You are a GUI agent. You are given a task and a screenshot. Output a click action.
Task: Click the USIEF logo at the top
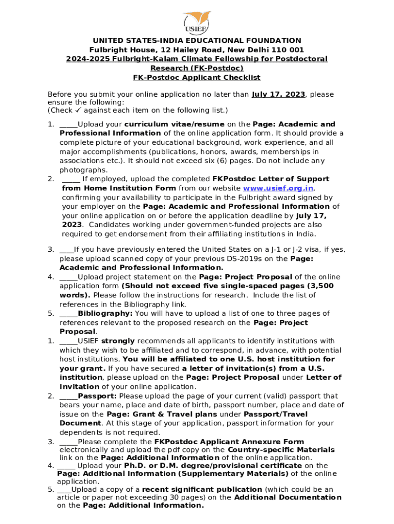tap(196, 21)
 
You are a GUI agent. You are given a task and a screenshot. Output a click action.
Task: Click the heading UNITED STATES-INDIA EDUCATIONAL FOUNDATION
tap(196, 40)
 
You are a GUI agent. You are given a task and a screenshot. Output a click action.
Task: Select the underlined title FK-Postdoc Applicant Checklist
tap(196, 77)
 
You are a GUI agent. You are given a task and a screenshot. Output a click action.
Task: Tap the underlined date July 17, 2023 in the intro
tap(278, 94)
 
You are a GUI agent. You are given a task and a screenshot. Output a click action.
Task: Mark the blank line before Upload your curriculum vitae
tap(69, 124)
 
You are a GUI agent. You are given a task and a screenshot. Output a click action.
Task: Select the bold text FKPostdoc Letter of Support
tap(271, 179)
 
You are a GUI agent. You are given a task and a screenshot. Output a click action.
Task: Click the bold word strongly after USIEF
tap(118, 341)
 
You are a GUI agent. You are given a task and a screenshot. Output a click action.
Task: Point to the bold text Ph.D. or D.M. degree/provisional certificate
tap(212, 466)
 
